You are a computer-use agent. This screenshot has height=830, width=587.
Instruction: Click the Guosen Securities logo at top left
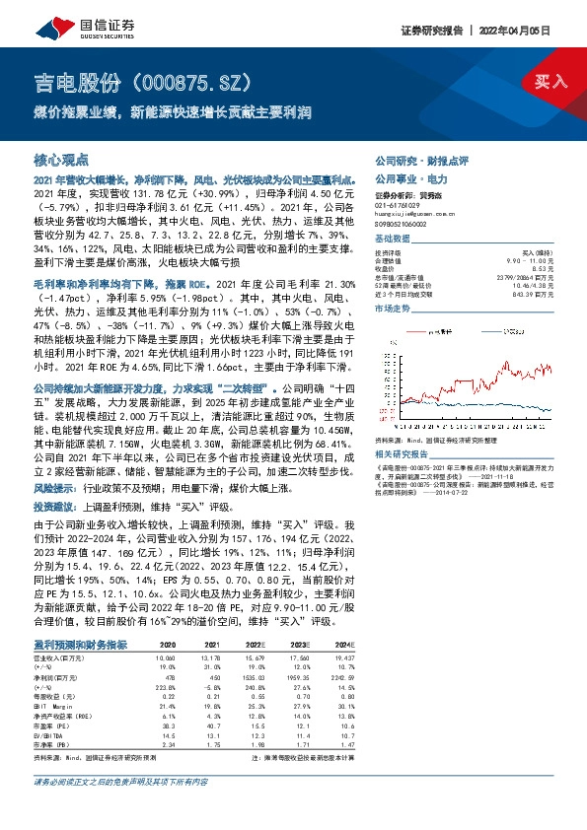click(65, 21)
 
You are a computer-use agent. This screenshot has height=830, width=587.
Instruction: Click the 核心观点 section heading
click(61, 159)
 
